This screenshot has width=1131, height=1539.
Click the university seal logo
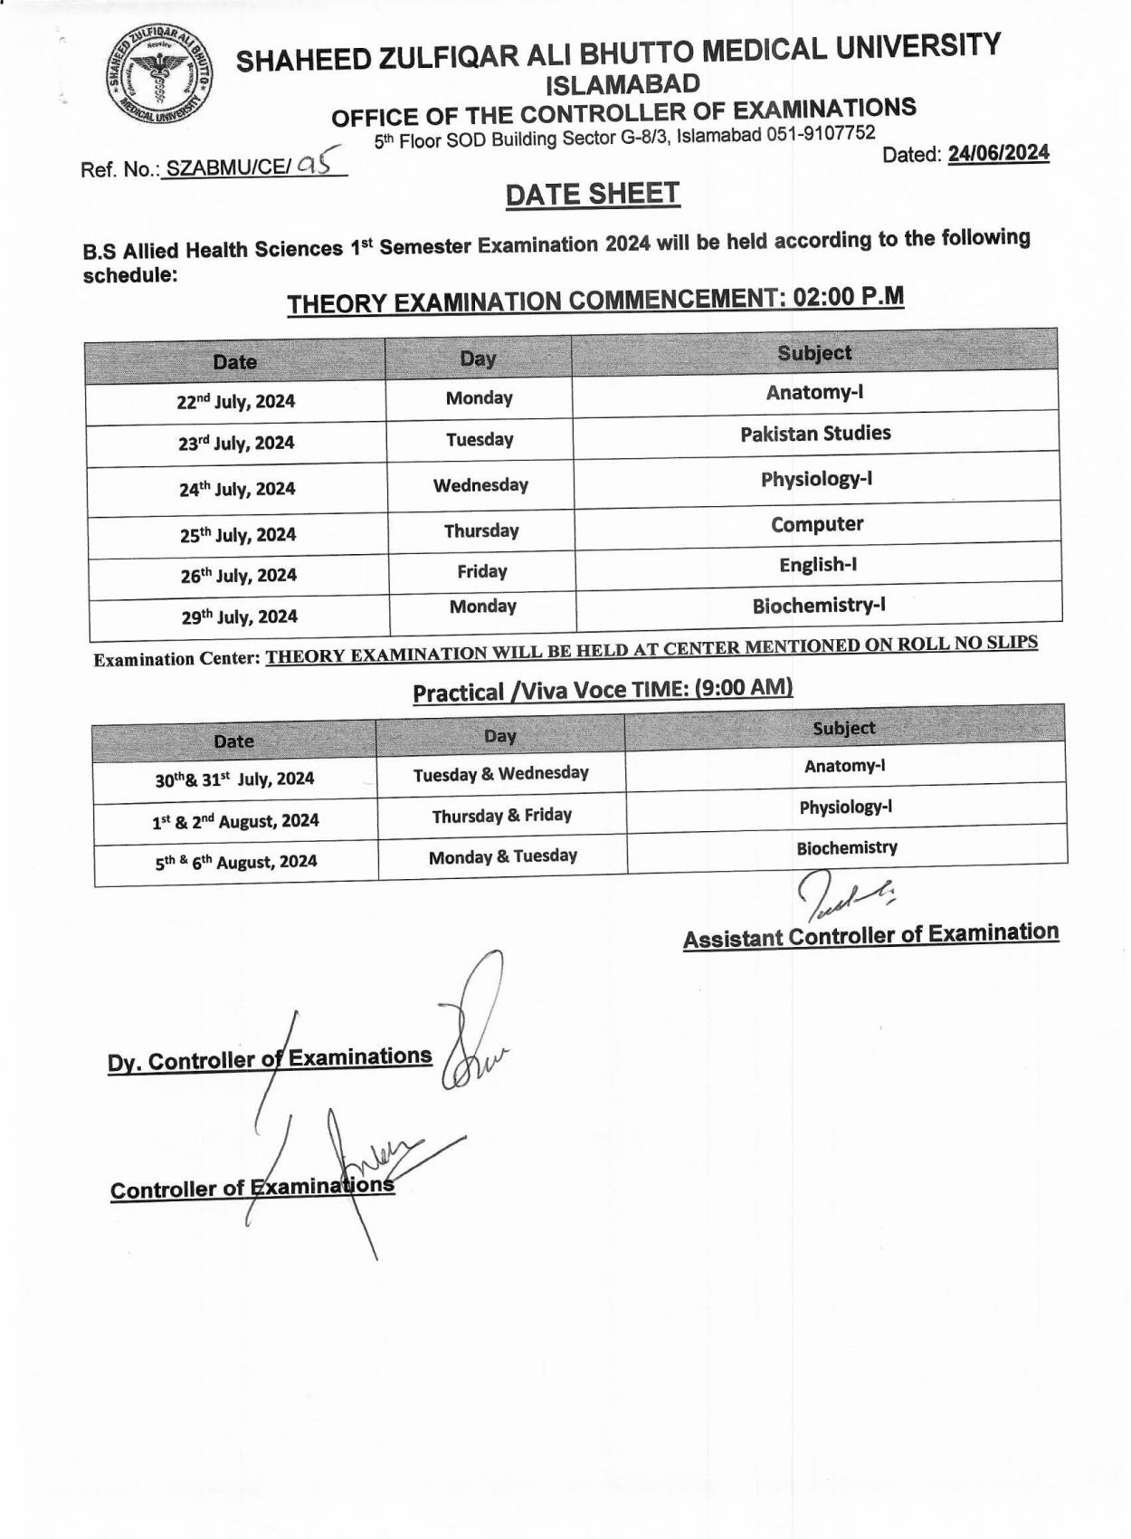tap(158, 79)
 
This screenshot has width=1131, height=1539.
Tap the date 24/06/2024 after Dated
tap(998, 153)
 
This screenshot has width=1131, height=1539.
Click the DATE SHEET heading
tap(593, 194)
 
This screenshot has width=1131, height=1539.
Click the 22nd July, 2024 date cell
tap(236, 401)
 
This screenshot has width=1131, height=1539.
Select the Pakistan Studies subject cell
tap(815, 434)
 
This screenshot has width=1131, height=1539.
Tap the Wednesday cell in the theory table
tap(480, 485)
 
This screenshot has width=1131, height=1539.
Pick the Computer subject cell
tap(817, 524)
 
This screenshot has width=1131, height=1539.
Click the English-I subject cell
tap(818, 565)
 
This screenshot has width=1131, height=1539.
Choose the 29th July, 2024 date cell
tap(239, 617)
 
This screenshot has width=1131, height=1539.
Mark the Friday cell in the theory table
tap(482, 571)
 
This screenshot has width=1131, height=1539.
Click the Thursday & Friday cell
tap(502, 816)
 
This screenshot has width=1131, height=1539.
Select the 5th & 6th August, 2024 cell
tap(236, 862)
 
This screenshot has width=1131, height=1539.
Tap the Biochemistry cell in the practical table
tap(847, 848)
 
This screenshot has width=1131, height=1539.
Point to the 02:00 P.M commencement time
tap(849, 297)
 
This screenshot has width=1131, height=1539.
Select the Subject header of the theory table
tap(814, 353)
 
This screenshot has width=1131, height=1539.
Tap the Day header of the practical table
tap(500, 736)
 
